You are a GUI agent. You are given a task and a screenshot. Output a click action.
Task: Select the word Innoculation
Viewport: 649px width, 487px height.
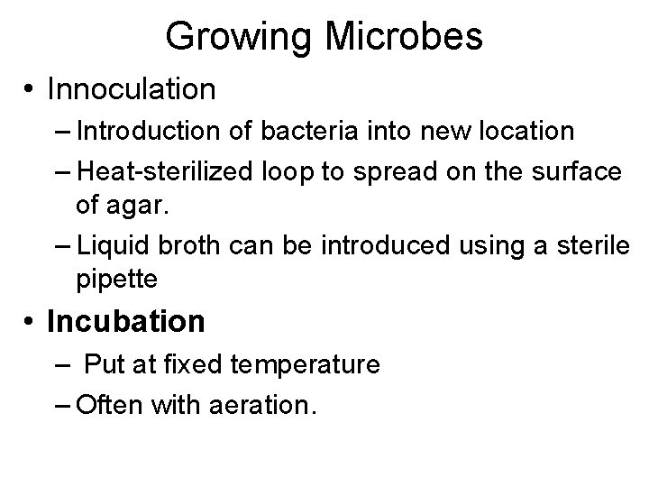[x=132, y=89]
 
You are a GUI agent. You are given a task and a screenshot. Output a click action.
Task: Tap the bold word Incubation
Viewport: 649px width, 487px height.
[x=126, y=321]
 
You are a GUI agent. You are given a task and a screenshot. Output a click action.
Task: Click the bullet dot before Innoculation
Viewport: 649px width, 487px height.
[x=30, y=89]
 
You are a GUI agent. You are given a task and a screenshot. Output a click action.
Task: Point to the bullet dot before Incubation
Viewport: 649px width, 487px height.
[x=30, y=321]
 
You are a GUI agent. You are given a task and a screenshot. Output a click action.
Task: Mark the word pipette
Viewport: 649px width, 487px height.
[x=117, y=280]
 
